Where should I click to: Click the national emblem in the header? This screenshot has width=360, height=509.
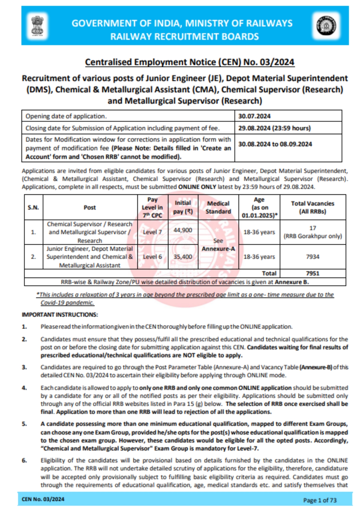point(37,26)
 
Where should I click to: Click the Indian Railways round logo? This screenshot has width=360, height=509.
point(326,26)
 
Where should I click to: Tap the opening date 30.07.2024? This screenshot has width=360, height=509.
point(254,116)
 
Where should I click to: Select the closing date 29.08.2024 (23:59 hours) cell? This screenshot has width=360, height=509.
point(274,128)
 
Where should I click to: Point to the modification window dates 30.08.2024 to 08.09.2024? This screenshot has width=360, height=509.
point(275,144)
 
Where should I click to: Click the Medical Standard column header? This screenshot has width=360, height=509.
point(218,207)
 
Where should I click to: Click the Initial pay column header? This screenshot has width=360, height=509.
point(183,207)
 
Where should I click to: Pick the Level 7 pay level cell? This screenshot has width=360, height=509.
point(152,232)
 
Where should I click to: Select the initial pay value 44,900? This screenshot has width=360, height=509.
point(183,230)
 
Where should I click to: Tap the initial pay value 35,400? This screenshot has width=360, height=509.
point(183,257)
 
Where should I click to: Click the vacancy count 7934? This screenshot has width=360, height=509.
point(313,257)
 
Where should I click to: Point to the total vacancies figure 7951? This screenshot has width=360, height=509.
point(313,273)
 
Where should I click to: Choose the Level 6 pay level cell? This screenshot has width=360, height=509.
point(152,257)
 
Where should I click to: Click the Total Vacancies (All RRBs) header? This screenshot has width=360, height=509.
point(313,207)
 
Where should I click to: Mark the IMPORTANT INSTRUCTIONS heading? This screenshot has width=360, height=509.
point(60,315)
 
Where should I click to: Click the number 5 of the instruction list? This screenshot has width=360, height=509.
point(24,424)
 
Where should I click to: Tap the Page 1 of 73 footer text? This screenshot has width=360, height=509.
point(320,500)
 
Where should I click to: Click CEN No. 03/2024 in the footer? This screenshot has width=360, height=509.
point(43,499)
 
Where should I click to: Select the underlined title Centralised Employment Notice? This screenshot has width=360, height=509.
point(190,62)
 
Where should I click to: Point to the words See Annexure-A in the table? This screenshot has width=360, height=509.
point(218,245)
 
